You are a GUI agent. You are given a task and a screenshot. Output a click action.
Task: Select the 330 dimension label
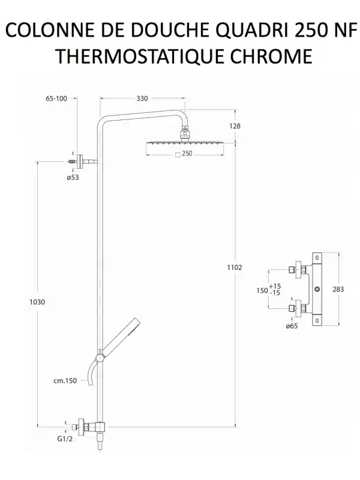(x=142, y=98)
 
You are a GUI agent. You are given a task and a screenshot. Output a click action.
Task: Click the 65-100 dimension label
(x=56, y=98)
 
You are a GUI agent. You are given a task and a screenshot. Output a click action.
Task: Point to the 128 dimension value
(x=235, y=126)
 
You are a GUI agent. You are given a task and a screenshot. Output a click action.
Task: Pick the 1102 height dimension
(x=235, y=267)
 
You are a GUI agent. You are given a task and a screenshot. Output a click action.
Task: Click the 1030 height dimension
(x=37, y=302)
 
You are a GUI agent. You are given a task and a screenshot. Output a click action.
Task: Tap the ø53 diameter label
(x=73, y=177)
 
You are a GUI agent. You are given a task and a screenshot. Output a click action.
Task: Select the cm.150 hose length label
(x=65, y=381)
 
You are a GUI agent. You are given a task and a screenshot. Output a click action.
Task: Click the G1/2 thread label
(x=65, y=439)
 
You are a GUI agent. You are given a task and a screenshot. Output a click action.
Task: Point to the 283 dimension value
(x=338, y=289)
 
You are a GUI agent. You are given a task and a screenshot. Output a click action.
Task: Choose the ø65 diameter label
(x=292, y=326)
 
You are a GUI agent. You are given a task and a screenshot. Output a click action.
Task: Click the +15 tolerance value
(x=275, y=286)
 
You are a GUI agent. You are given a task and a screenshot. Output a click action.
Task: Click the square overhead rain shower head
(x=185, y=143)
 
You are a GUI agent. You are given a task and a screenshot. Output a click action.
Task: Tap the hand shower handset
(x=120, y=336)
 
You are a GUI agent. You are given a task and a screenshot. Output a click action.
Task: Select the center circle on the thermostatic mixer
(x=317, y=289)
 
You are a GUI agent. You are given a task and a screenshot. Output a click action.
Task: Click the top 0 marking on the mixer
(x=317, y=258)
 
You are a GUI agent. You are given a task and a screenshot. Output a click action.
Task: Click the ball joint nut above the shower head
(x=184, y=133)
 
